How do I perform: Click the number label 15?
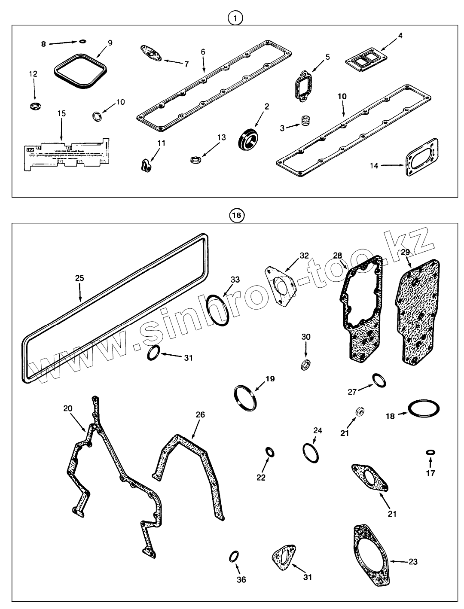pyautogui.click(x=61, y=113)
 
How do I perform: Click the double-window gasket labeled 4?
pyautogui.click(x=364, y=61)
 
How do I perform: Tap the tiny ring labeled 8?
pyautogui.click(x=83, y=42)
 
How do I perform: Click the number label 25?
pyautogui.click(x=79, y=278)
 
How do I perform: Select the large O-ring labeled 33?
pyautogui.click(x=217, y=311)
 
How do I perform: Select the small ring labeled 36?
pyautogui.click(x=234, y=556)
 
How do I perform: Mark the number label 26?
pyautogui.click(x=200, y=414)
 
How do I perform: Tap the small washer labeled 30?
pyautogui.click(x=305, y=365)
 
